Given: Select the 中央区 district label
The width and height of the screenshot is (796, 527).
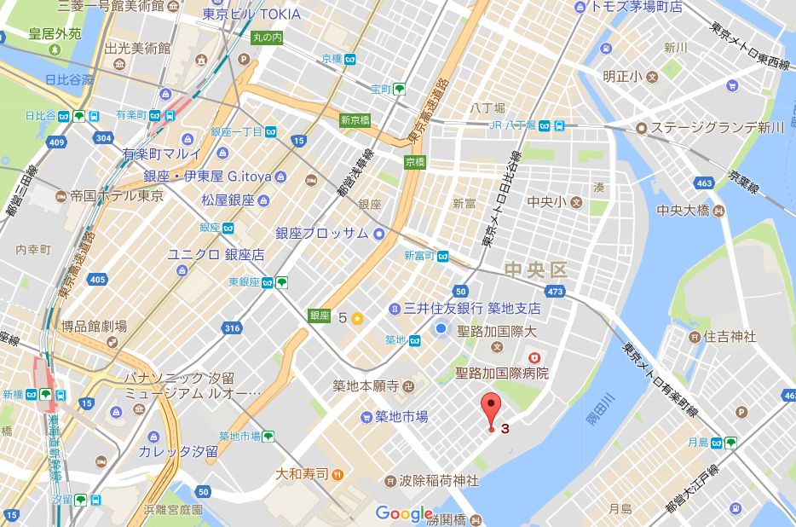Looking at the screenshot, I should point(535,270).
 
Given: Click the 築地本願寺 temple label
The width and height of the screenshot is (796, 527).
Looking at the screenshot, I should point(366,386).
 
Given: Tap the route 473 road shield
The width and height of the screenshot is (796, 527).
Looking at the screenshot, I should point(556,292).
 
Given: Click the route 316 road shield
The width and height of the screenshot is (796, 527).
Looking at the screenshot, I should point(229,328).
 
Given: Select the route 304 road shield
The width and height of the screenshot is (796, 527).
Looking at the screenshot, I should point(104,137).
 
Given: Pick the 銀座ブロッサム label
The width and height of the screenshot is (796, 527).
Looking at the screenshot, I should point(320,234).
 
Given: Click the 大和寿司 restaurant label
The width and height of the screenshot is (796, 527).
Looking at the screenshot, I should point(303,473).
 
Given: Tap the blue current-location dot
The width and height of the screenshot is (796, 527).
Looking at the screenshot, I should point(441,329).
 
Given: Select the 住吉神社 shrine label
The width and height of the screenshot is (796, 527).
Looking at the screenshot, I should point(730,337).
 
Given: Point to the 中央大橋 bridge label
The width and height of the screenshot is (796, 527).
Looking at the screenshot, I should point(687,211).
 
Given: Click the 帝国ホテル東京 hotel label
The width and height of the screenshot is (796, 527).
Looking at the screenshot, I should point(106,195).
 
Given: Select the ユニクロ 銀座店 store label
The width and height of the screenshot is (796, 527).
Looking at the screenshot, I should point(216,254).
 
